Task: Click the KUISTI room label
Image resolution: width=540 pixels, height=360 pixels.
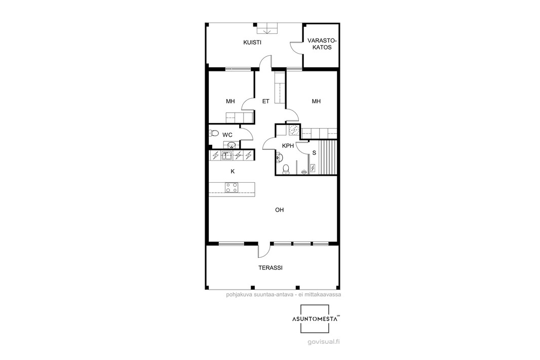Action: click(x=252, y=43)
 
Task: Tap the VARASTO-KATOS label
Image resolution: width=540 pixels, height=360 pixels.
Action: click(x=322, y=44)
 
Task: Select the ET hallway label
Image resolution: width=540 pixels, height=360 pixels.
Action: click(x=265, y=101)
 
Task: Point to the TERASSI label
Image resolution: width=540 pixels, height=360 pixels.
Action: click(x=271, y=267)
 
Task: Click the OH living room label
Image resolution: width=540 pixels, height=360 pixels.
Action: click(x=279, y=210)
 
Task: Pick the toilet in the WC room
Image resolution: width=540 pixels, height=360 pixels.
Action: click(x=214, y=133)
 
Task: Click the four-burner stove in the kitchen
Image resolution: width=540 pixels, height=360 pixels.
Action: click(x=232, y=187)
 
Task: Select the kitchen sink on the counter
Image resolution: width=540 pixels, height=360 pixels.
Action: click(x=226, y=155)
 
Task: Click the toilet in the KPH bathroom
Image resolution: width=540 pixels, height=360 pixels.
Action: click(x=286, y=169)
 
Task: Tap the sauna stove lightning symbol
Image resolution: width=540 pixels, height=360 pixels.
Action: click(x=313, y=168)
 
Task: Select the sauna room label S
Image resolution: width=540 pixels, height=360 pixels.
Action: click(x=314, y=153)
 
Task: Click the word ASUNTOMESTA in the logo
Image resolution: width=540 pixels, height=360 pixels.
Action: click(x=315, y=319)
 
